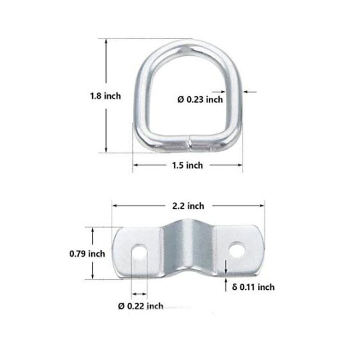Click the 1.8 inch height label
tap(105, 96)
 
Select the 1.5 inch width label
tap(188, 165)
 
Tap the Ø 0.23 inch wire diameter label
tap(200, 99)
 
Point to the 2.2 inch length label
tap(188, 206)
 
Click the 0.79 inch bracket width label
tap(87, 254)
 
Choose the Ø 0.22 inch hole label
tap(140, 306)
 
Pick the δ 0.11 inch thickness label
tap(253, 287)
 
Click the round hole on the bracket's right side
tap(237, 249)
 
